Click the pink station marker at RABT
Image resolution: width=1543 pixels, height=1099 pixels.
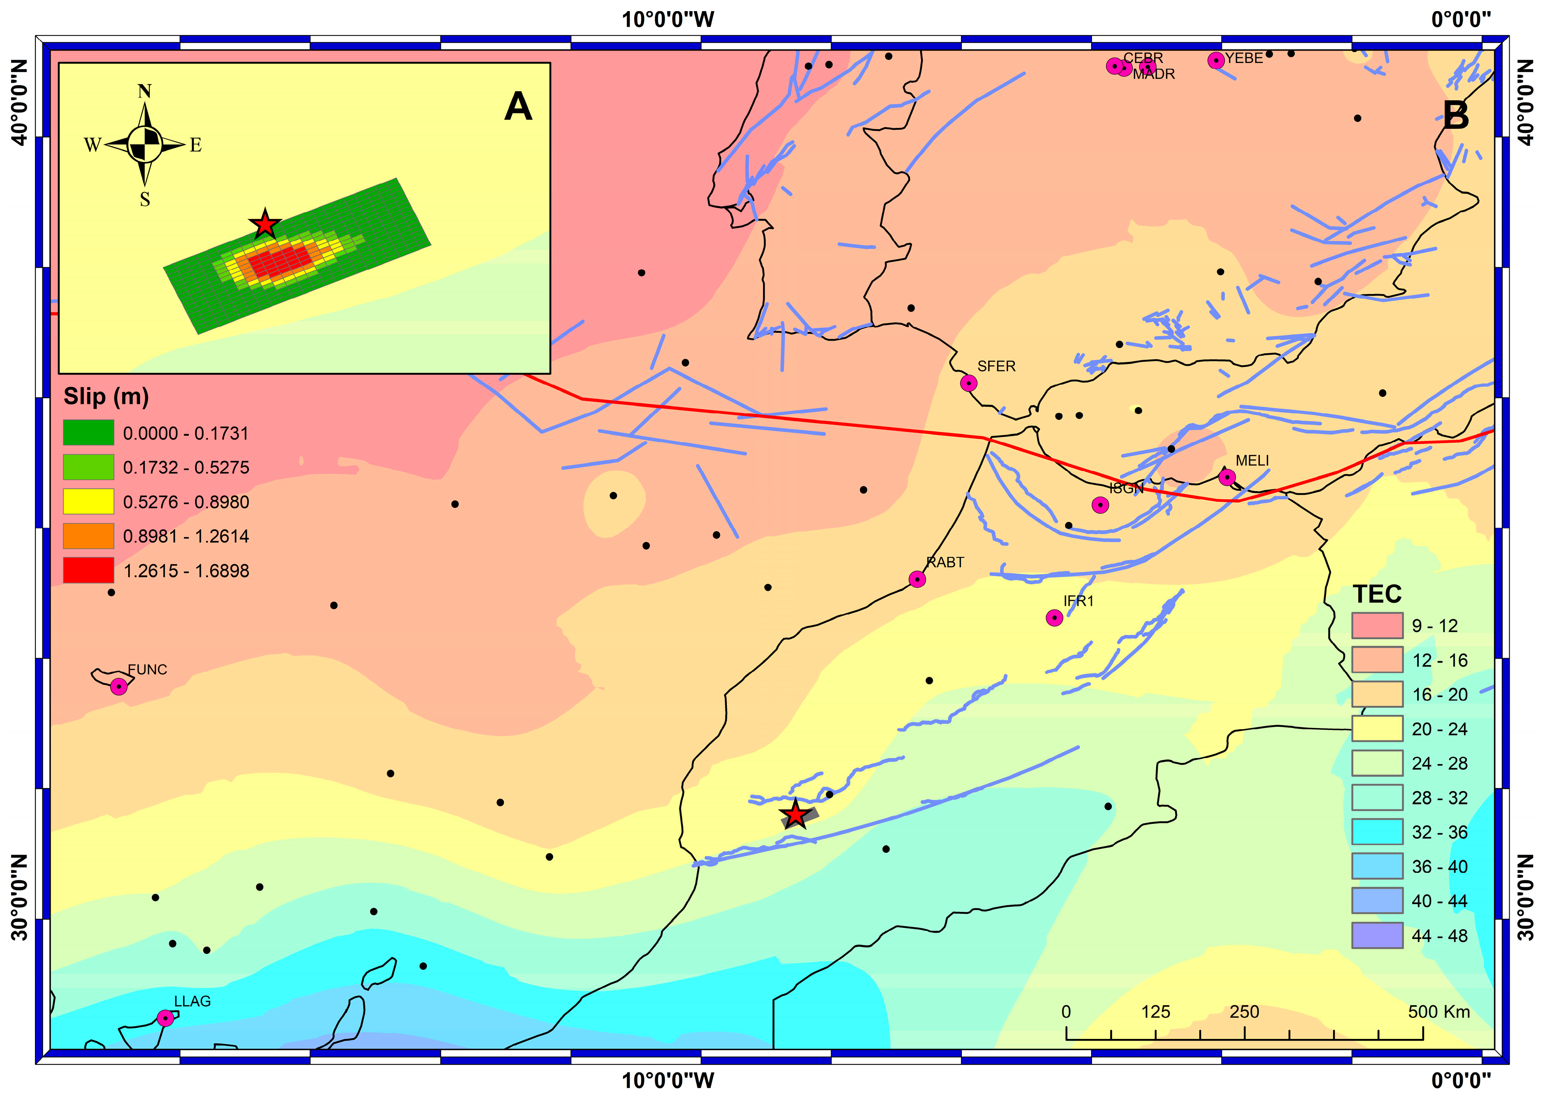[917, 579]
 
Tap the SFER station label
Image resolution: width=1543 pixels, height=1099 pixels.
[996, 366]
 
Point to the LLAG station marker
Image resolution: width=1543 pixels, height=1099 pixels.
[165, 1018]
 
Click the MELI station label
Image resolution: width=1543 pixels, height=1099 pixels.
[1252, 461]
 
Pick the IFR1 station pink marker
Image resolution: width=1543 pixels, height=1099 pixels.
[1054, 618]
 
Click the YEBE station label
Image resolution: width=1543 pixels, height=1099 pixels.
[1244, 58]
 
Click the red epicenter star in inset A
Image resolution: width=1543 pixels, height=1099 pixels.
[265, 225]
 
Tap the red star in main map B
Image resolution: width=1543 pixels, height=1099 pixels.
[795, 815]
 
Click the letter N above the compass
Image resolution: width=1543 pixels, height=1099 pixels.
[144, 91]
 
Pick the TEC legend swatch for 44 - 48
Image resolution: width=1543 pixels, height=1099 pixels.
[1376, 935]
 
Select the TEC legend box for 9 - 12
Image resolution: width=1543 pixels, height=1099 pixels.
[1376, 625]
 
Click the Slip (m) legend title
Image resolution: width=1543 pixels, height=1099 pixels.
[106, 396]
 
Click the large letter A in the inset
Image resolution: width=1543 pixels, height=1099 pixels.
[518, 107]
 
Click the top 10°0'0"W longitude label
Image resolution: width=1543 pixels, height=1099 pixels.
[668, 19]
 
